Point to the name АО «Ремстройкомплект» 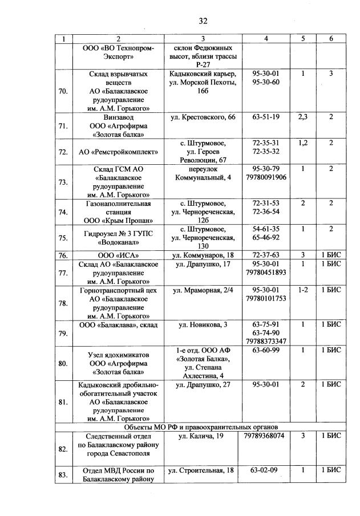pos(118,153)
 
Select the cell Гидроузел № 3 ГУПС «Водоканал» pos(118,237)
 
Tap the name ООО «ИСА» pos(118,255)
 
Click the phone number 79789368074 pos(264,436)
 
